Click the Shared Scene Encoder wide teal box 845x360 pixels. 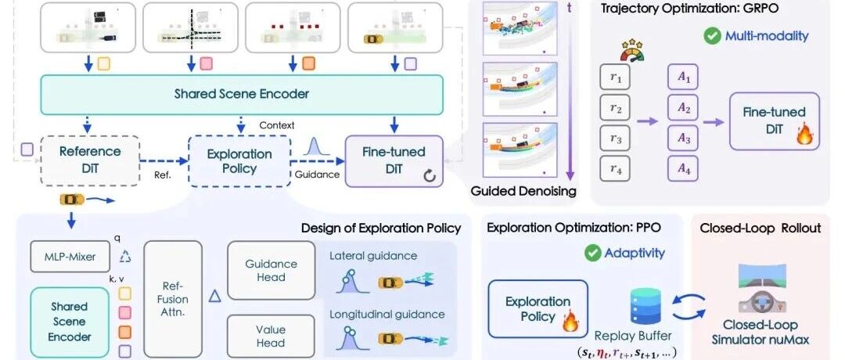coord(242,95)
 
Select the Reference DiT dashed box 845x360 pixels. coord(89,160)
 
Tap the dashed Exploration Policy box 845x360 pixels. coord(239,161)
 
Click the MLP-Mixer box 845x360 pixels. coord(70,256)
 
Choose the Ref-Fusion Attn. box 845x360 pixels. coord(173,299)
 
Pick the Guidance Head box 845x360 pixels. coord(271,271)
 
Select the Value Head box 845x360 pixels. coord(271,337)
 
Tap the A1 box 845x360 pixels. coord(683,77)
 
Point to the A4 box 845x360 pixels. coord(683,170)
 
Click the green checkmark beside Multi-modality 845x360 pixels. coord(713,37)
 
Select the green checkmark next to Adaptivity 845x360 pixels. coord(593,253)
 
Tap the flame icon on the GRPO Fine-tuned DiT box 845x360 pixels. coord(804,135)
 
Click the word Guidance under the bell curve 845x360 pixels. coord(317,174)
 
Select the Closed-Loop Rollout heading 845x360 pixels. coord(760,228)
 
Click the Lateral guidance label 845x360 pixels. coord(373,255)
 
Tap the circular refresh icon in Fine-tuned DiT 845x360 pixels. coord(430,176)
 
